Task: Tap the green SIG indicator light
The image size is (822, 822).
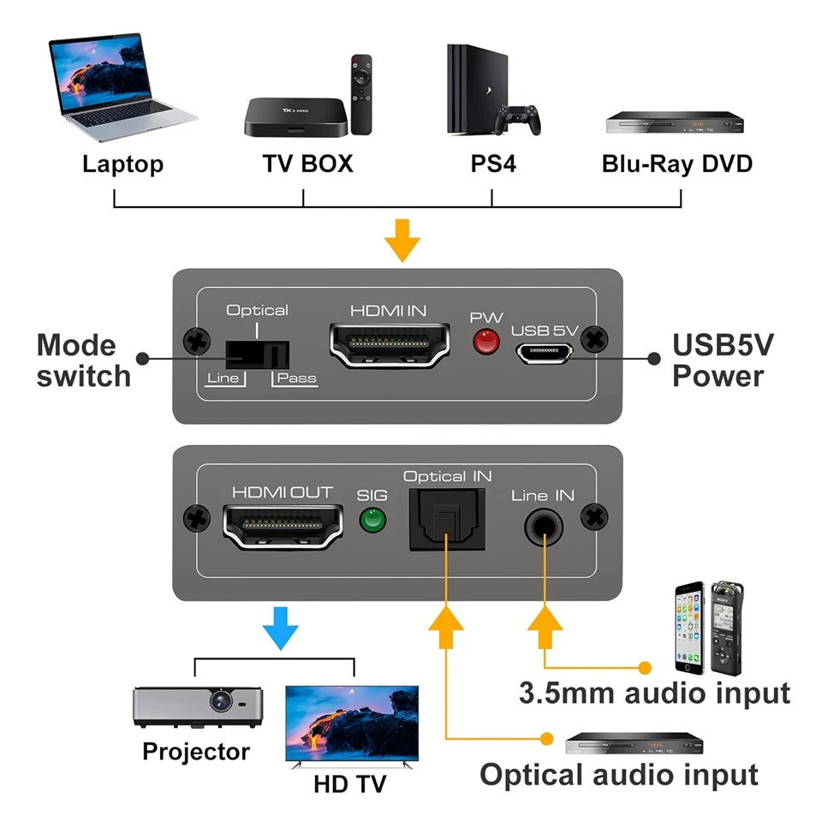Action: point(372,521)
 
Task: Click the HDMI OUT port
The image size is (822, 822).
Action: point(283,525)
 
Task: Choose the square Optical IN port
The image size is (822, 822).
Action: point(447,520)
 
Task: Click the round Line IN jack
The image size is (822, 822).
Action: point(543,523)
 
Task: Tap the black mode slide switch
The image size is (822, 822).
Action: point(257,354)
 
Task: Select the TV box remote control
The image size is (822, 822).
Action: point(362,94)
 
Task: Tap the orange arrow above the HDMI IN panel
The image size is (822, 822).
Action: point(402,240)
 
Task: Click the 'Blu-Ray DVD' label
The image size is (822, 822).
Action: point(676,164)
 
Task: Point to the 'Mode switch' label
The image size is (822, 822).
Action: point(83,360)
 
